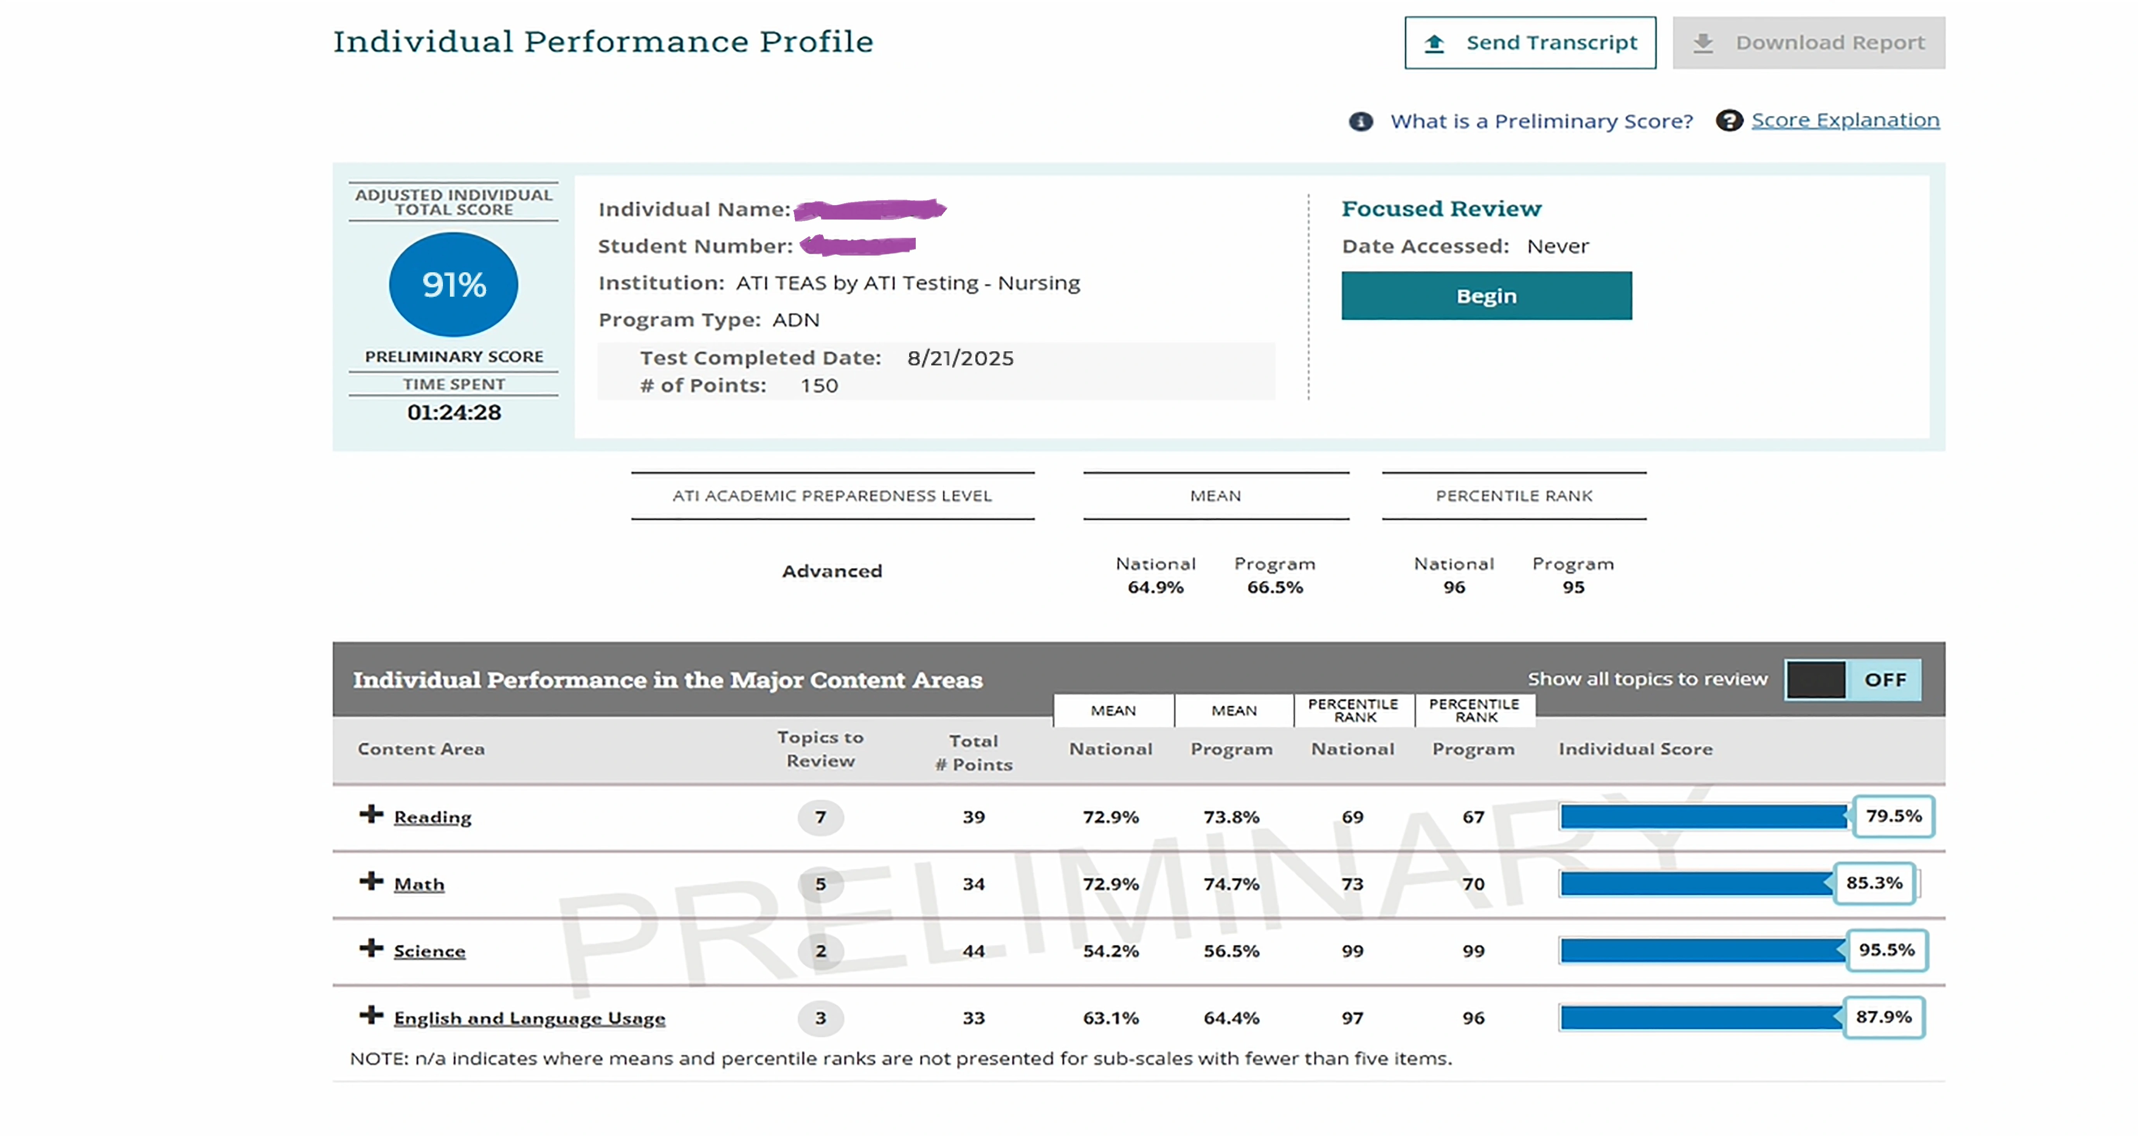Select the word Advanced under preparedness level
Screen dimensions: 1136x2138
pos(832,571)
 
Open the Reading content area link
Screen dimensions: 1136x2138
pos(432,817)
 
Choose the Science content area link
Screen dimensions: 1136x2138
pos(429,952)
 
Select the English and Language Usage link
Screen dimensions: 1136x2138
pos(529,1019)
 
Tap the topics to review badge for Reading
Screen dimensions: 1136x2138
pos(820,817)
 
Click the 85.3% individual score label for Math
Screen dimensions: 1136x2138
pos(1873,883)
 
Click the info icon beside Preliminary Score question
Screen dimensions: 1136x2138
pos(1360,121)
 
